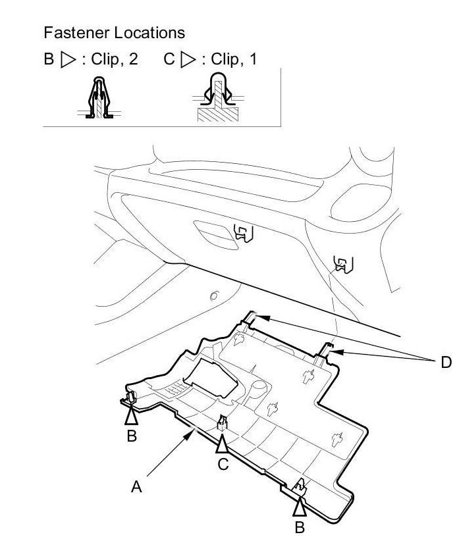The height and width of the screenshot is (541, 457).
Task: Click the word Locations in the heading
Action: (149, 33)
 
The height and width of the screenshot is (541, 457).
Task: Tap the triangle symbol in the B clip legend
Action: (68, 59)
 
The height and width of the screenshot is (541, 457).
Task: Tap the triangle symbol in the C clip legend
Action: (188, 59)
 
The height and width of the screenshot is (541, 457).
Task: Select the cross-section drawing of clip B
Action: (99, 97)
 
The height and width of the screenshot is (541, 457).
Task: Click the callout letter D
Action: (446, 362)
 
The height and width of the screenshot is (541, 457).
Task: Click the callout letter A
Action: (136, 487)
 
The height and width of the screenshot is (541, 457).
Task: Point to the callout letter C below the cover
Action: (223, 464)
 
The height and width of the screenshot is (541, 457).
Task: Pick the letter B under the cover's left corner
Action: (132, 436)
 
